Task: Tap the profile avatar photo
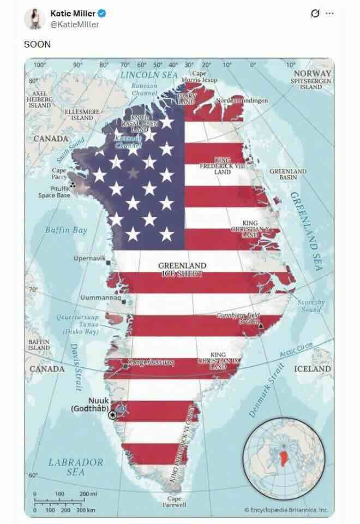[x=34, y=19]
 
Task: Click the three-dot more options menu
[x=329, y=14]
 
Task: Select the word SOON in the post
[x=37, y=44]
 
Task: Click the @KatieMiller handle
[x=75, y=25]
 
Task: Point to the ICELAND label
[x=313, y=368]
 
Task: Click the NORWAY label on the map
[x=312, y=73]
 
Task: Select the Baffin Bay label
[x=66, y=230]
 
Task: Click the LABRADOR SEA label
[x=75, y=467]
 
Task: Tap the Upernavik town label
[x=89, y=258]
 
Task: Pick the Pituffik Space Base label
[x=54, y=192]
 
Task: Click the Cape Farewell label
[x=175, y=502]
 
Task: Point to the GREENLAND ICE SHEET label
[x=182, y=269]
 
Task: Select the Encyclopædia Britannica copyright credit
[x=286, y=510]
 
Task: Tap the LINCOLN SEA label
[x=149, y=74]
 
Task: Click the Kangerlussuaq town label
[x=151, y=362]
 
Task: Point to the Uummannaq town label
[x=100, y=297]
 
